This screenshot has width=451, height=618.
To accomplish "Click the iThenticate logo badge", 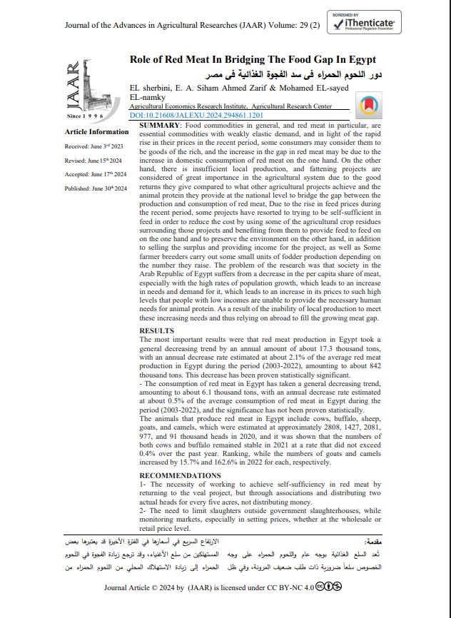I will pyautogui.click(x=366, y=23).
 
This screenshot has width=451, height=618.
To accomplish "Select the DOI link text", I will pyautogui.click(x=197, y=114).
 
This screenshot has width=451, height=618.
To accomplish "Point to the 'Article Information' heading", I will pyautogui.click(x=97, y=132).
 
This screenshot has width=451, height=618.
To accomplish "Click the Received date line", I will pyautogui.click(x=94, y=146).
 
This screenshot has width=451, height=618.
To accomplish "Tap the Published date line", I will pyautogui.click(x=96, y=188).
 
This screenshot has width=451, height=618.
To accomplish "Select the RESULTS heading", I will pyautogui.click(x=156, y=331).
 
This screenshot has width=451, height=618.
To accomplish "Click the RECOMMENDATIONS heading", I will pyautogui.click(x=180, y=475).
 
